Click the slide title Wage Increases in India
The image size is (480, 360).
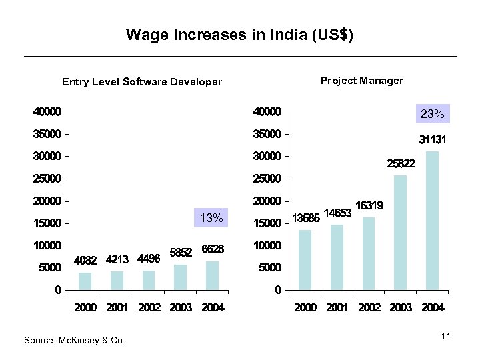(239, 34)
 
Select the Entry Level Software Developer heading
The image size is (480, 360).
(142, 82)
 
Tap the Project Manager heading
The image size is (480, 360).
(361, 81)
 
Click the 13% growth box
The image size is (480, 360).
(211, 218)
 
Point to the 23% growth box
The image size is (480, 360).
(432, 114)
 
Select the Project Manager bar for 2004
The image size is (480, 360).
(433, 220)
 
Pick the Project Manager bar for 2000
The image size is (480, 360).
(305, 259)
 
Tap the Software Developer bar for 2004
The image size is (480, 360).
(212, 275)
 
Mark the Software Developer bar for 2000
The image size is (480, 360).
(85, 281)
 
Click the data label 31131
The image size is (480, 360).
(432, 141)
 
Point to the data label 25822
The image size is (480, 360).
(400, 163)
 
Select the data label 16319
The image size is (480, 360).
(369, 206)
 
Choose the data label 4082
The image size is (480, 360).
(85, 259)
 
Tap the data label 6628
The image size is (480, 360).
(212, 249)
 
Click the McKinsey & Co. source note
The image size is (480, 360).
(74, 340)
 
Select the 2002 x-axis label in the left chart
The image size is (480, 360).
(149, 307)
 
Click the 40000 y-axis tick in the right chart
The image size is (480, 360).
(267, 111)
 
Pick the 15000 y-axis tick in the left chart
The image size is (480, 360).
(48, 223)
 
